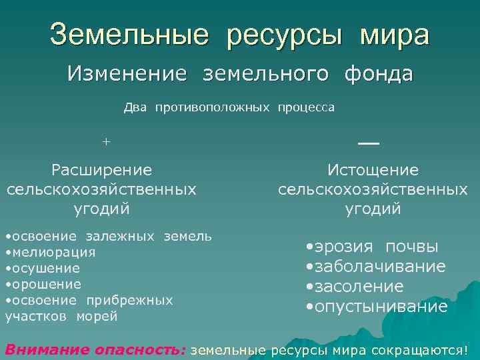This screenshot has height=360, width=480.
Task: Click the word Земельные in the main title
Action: [x=129, y=35]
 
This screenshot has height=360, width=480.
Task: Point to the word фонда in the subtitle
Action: [x=379, y=73]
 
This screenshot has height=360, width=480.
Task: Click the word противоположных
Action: [x=213, y=107]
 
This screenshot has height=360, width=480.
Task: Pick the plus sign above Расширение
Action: [x=105, y=141]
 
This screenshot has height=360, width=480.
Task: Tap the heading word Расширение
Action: [x=102, y=170]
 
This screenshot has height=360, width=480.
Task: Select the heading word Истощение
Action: [x=373, y=170]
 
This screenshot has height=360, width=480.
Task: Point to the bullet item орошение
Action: [x=45, y=284]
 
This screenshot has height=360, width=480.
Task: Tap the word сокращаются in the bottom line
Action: [x=424, y=350]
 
